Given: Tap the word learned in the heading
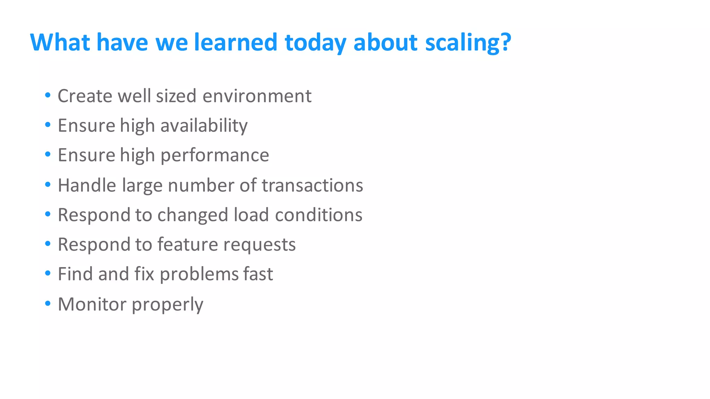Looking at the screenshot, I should pyautogui.click(x=235, y=43).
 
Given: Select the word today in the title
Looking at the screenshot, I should pyautogui.click(x=315, y=43).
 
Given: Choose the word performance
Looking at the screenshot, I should pyautogui.click(x=215, y=155).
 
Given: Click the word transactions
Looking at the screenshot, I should pyautogui.click(x=312, y=185).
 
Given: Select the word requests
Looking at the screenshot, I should pyautogui.click(x=259, y=245).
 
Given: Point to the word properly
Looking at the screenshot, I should pyautogui.click(x=167, y=305).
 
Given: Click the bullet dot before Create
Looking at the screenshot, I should pyautogui.click(x=48, y=95).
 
